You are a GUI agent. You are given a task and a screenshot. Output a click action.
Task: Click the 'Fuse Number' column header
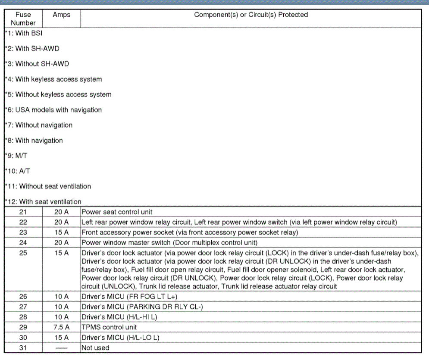23,19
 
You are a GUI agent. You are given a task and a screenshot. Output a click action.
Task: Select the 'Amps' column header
61,15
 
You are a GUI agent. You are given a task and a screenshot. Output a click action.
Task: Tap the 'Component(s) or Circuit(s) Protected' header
251,15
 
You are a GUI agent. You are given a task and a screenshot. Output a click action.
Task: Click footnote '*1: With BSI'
24,33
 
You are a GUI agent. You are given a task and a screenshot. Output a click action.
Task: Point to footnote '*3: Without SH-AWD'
37,64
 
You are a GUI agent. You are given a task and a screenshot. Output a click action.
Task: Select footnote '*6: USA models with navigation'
53,110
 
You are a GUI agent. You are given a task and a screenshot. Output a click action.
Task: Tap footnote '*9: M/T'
18,156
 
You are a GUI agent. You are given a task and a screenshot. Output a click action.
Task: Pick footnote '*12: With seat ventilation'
43,202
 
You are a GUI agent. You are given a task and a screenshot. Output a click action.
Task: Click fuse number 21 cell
23,212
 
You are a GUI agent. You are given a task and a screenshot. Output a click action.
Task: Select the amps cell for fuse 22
61,222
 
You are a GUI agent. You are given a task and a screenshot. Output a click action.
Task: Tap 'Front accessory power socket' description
190,232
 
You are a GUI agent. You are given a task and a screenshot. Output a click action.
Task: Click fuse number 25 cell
23,253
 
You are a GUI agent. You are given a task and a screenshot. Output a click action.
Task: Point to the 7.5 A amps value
61,327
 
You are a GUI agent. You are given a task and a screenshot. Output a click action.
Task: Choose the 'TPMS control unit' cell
109,327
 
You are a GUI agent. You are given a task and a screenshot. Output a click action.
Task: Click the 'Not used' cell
95,347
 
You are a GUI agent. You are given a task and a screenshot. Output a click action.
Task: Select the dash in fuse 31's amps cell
61,347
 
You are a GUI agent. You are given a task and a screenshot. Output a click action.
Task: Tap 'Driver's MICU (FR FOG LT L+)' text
129,297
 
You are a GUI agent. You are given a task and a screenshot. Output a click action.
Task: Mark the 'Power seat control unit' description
117,212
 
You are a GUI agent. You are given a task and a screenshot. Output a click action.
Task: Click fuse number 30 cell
23,338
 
